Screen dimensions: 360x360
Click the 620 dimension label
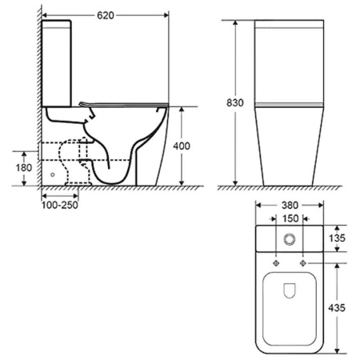coord(106,15)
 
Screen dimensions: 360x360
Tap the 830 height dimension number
coord(235,102)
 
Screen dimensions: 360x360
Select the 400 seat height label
coord(182,146)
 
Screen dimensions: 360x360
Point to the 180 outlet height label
coord(24,168)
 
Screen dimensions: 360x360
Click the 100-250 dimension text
coord(60,205)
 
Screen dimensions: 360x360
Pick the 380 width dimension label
coord(290,206)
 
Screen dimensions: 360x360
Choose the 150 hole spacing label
coord(290,218)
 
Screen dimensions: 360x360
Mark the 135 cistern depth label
coord(337,238)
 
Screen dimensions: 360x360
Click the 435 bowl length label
coord(337,308)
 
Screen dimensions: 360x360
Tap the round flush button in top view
coord(290,239)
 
